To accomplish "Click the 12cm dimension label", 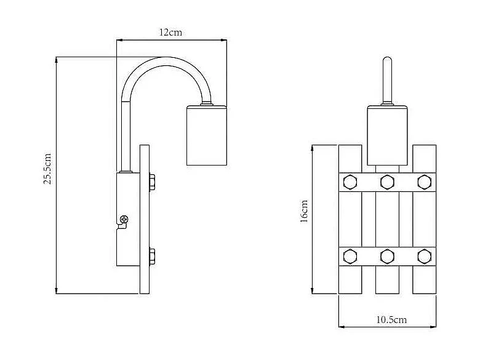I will click(x=170, y=32).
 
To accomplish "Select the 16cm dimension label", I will click(x=304, y=212).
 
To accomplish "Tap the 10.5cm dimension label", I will click(x=391, y=319).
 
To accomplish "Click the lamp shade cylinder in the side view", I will click(x=206, y=136).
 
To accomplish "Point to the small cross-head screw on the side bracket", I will click(x=125, y=218).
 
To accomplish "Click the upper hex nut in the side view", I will click(x=151, y=183).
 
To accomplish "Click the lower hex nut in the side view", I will click(x=151, y=255).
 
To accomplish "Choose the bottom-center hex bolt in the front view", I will click(x=387, y=255).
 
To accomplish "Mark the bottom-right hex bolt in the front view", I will click(x=424, y=255).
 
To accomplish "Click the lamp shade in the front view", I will click(x=387, y=136).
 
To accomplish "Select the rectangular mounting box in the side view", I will click(x=127, y=219).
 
